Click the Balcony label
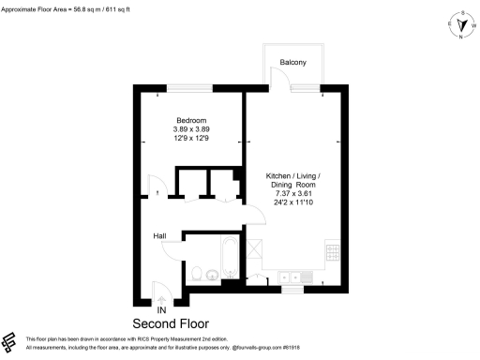coord(293,62)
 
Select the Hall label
coord(161,236)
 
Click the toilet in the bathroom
coord(195,275)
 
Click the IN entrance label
coord(161,308)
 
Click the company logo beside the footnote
coord(10,340)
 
